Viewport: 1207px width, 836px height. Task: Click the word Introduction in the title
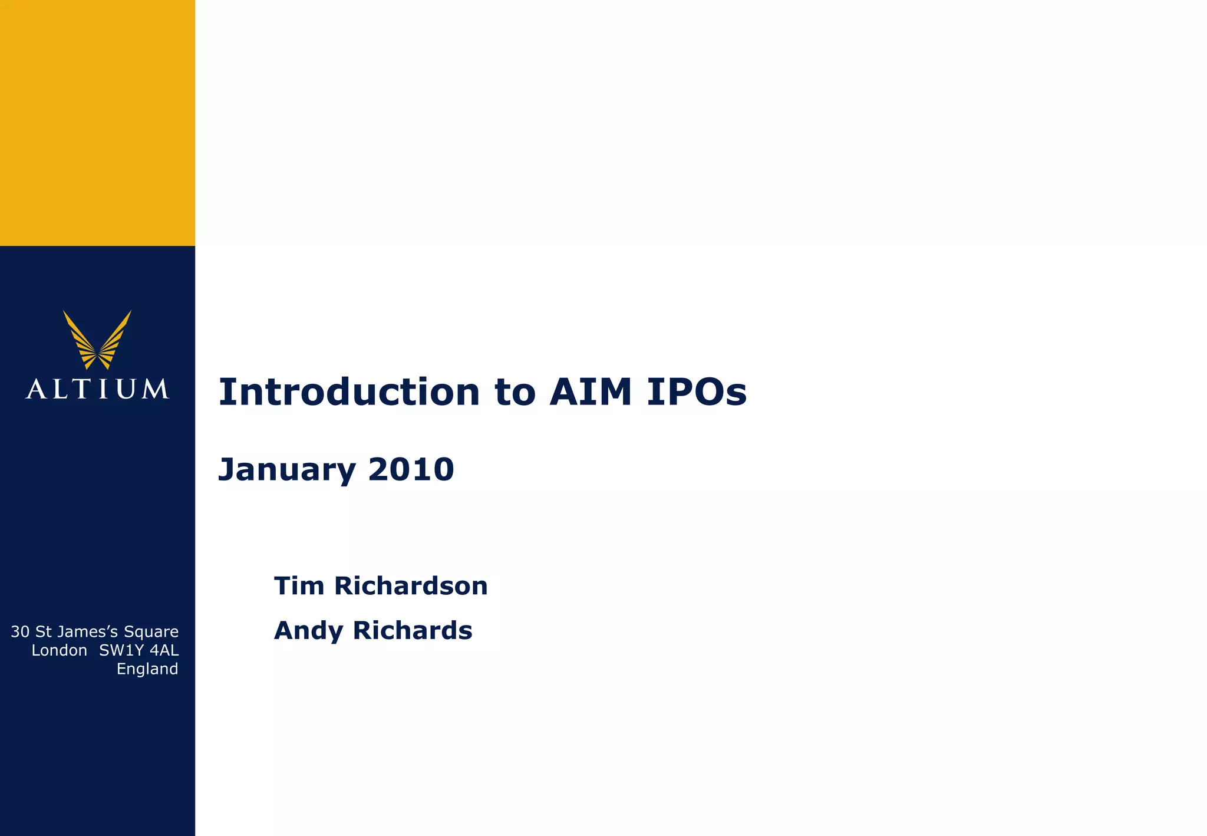[x=349, y=392]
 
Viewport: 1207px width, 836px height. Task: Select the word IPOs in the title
[x=697, y=392]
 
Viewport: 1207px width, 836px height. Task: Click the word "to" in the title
[x=515, y=393]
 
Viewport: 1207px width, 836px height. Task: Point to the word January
[x=286, y=470]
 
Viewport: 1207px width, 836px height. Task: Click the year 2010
[x=411, y=469]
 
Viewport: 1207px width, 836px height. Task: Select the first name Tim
[x=299, y=586]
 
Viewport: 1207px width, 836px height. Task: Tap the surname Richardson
[x=411, y=586]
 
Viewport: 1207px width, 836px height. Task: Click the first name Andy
[x=308, y=631]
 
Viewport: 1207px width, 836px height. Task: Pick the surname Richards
[x=412, y=630]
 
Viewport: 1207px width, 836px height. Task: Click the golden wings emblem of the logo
[x=97, y=340]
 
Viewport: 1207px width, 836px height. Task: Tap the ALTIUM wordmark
[x=97, y=389]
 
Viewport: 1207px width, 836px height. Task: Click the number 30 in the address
[x=20, y=632]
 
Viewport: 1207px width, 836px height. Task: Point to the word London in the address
[x=59, y=650]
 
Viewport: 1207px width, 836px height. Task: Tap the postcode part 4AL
[x=164, y=650]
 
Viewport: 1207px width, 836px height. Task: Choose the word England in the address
[x=147, y=669]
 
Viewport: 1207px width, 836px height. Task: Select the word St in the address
[x=43, y=632]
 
